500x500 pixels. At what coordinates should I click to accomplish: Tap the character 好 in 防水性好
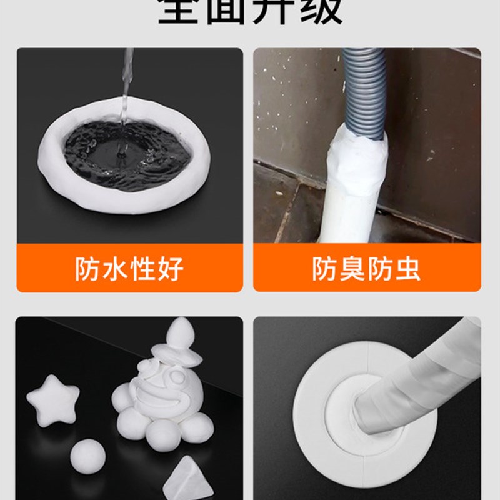coord(170,269)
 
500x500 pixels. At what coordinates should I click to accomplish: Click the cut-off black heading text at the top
coord(250,11)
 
